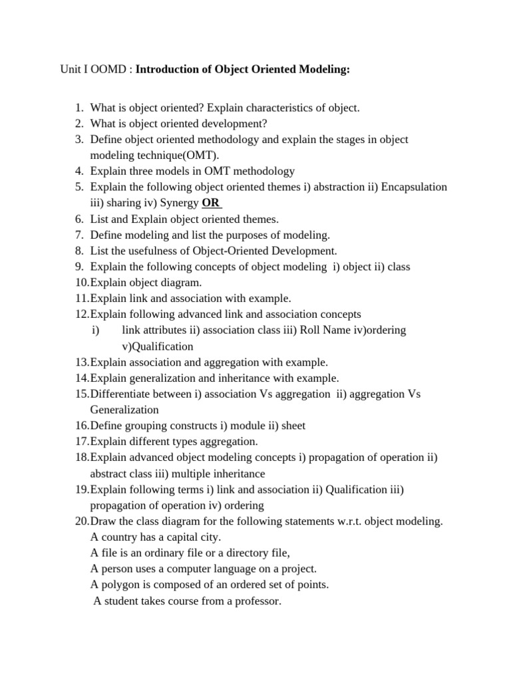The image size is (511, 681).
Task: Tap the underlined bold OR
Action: (x=211, y=203)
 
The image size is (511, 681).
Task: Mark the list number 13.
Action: (x=81, y=362)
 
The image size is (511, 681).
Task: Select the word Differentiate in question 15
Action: (x=120, y=394)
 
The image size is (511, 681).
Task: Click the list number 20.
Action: (x=82, y=521)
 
